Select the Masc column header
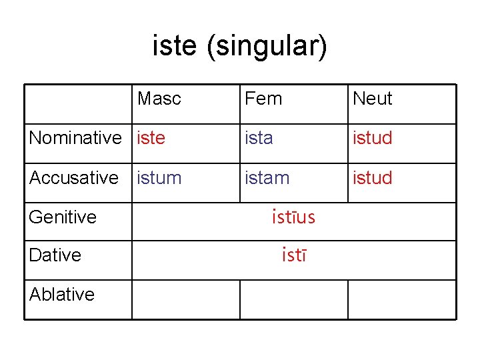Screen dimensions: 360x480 [x=159, y=99]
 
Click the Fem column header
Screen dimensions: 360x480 [x=263, y=99]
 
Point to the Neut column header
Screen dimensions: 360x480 [x=372, y=99]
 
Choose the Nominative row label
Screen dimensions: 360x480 [x=75, y=138]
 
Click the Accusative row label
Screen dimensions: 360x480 [x=74, y=178]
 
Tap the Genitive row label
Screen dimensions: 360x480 [x=63, y=217]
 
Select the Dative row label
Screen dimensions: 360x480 [x=55, y=255]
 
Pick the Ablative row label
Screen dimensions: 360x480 [x=62, y=294]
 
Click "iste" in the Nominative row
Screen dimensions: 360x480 [x=151, y=138]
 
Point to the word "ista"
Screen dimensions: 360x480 [x=259, y=138]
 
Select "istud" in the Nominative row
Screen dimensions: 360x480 [x=372, y=138]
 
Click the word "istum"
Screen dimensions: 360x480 [x=159, y=178]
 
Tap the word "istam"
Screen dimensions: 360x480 [x=267, y=178]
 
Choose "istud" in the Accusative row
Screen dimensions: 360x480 [x=372, y=178]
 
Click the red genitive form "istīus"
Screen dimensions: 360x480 [x=293, y=217]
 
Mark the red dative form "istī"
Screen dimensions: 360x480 [x=293, y=255]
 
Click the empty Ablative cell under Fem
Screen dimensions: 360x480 [x=293, y=299]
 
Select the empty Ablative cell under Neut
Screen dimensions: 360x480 [x=401, y=299]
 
